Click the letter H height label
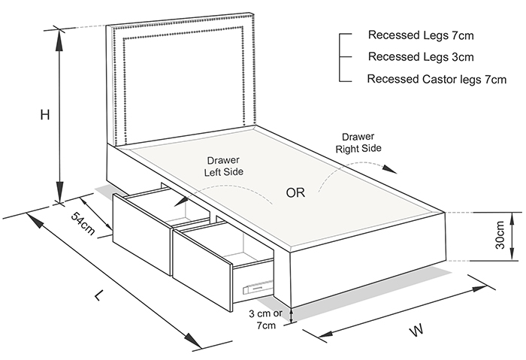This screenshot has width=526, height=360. tap(45, 115)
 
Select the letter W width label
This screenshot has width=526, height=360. tap(415, 329)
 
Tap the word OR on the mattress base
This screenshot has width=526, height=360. tap(295, 192)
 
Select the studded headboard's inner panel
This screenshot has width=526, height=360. tap(180, 83)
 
